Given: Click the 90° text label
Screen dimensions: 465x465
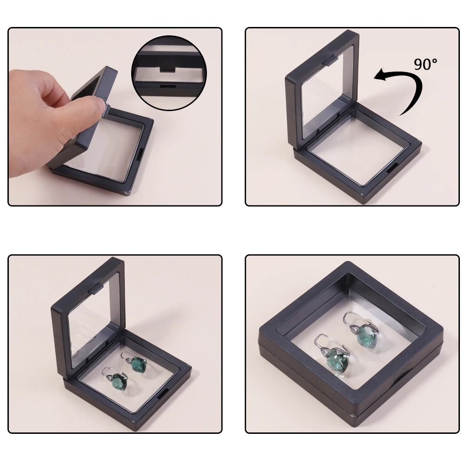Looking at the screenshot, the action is pos(425,64).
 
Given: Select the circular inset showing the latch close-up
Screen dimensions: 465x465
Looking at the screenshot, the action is pos(169,73).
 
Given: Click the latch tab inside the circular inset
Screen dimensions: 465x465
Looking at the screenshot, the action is pos(168,70).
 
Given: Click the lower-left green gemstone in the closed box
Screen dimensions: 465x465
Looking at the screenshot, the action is pos(337,361).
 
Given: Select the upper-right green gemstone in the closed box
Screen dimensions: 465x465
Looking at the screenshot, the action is pos(367,335).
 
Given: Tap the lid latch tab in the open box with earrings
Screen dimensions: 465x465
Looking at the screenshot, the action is pos(96,289).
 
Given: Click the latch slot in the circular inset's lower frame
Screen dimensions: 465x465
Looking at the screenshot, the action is pos(168,86).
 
